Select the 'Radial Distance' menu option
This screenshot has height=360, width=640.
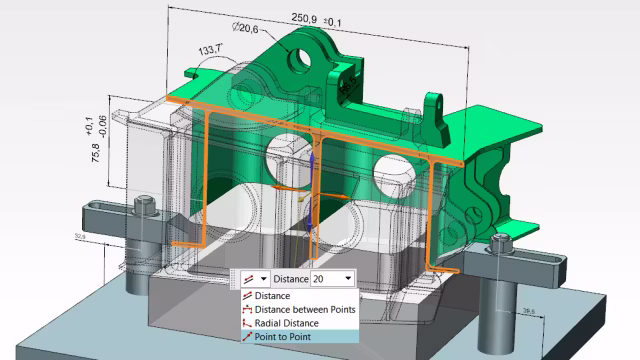[x=286, y=323]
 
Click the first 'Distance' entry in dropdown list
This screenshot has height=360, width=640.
[x=272, y=295]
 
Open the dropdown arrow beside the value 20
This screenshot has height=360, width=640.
[x=347, y=278]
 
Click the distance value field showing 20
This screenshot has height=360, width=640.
[x=325, y=278]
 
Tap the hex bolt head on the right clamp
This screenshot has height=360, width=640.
[x=502, y=240]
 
